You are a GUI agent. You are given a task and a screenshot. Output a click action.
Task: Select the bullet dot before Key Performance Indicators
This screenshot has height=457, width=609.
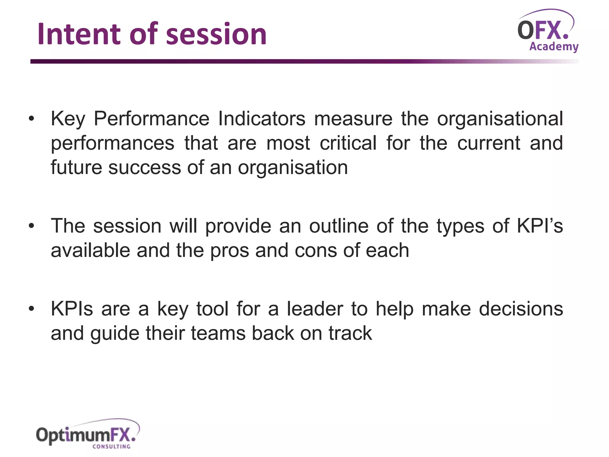[32, 119]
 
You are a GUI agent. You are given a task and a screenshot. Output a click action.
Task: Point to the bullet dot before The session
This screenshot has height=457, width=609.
[32, 226]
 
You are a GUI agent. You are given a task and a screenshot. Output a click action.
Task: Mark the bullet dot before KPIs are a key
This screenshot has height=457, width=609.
[32, 309]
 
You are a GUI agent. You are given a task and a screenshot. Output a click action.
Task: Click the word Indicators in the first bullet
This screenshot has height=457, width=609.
[262, 119]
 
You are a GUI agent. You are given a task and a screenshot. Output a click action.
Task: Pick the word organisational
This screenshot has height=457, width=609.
[500, 119]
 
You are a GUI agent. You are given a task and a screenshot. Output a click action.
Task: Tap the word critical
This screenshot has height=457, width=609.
[348, 143]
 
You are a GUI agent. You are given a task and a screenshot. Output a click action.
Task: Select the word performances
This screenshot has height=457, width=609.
[112, 143]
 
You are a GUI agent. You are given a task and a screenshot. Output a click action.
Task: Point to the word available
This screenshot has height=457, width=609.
[90, 250]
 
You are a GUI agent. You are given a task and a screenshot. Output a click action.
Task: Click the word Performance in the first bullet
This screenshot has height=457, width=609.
[152, 119]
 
